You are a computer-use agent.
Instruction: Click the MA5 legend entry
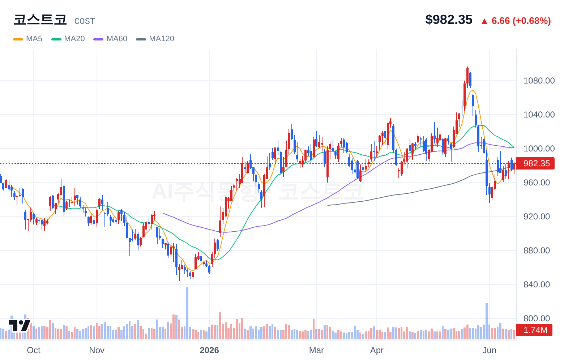[28, 39]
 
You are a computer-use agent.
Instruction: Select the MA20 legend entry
[68, 39]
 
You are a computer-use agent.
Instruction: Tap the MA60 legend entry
[110, 39]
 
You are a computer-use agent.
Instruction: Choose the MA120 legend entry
[155, 39]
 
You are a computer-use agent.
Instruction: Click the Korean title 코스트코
[40, 20]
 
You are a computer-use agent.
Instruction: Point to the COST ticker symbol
[85, 21]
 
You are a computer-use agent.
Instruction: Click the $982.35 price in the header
[449, 20]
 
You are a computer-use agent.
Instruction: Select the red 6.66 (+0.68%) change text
[521, 21]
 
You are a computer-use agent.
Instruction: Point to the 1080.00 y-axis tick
[539, 81]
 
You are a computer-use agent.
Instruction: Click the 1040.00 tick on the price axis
[539, 115]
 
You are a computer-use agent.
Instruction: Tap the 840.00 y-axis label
[537, 284]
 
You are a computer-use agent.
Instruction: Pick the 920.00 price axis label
[537, 217]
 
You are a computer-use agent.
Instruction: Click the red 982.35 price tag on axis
[535, 163]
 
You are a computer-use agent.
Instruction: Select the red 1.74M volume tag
[534, 330]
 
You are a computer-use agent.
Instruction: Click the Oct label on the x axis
[34, 350]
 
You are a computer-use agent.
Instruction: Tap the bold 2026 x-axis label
[209, 350]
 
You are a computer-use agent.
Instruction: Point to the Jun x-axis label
[489, 350]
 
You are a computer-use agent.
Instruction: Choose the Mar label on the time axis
[316, 350]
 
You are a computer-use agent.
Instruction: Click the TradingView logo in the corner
[20, 326]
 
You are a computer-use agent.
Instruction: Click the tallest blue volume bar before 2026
[187, 313]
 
